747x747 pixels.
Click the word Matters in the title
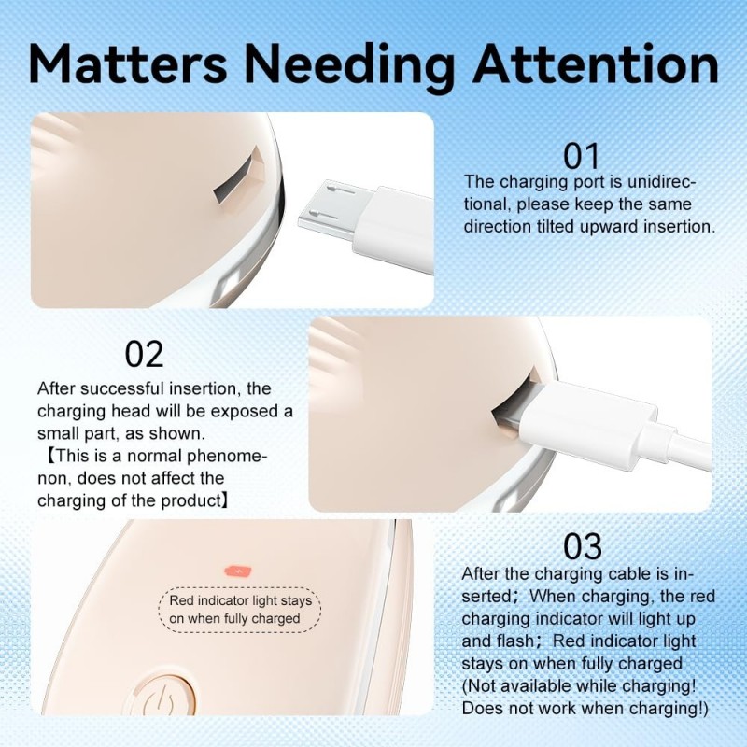(128, 64)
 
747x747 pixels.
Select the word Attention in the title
(596, 64)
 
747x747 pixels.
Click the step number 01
(581, 156)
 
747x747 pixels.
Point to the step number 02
(144, 354)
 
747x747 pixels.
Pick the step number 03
(582, 546)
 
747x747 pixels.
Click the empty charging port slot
(238, 176)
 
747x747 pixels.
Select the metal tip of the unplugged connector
(332, 207)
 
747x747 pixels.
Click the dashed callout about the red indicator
(240, 610)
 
